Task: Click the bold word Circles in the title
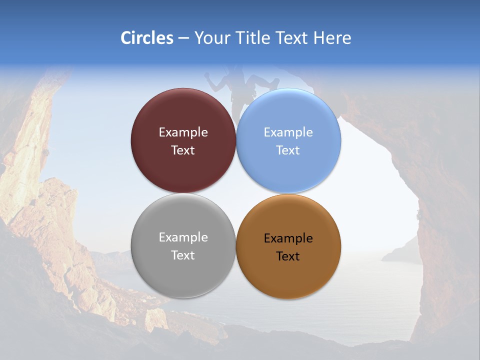(146, 38)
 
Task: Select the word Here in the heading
(332, 38)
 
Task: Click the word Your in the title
(212, 38)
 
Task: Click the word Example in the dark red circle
(183, 132)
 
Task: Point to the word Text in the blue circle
(288, 150)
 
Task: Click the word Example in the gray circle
(183, 237)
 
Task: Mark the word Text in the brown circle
(288, 256)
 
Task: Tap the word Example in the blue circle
(288, 132)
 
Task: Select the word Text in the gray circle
(183, 255)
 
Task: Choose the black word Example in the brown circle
(288, 238)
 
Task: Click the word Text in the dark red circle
(183, 150)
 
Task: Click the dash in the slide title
(183, 38)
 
